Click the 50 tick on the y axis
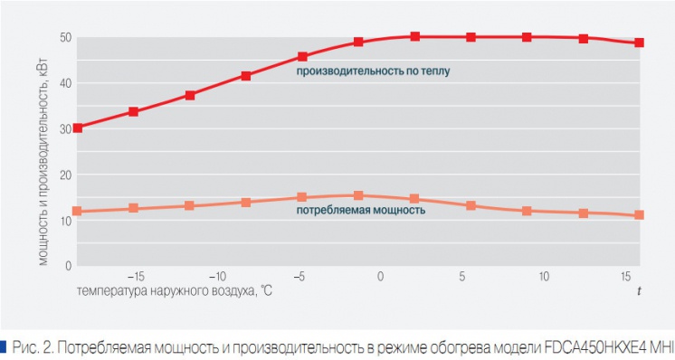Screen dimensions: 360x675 coord(65,37)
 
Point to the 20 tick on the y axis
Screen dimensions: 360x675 coord(65,175)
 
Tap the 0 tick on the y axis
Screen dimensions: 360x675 coord(68,266)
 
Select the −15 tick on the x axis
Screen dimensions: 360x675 coord(133,276)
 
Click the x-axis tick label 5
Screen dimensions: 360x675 coord(461,276)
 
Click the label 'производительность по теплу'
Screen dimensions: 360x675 coord(372,70)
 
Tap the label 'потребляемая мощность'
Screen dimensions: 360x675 coord(360,211)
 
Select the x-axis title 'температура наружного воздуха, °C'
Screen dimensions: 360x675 coord(174,291)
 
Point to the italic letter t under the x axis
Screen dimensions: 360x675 coord(638,290)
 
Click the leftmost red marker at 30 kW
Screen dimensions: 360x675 coord(78,128)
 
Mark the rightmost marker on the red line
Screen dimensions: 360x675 coord(639,43)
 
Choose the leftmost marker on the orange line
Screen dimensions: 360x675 coord(78,212)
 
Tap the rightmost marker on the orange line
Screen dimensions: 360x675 coord(639,215)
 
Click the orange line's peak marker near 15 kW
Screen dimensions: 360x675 coord(358,195)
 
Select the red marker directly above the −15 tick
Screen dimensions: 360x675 coord(133,112)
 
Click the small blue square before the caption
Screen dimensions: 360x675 coord(4,345)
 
